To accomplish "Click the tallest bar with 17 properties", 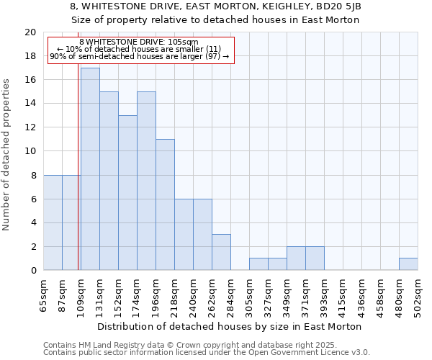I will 90,169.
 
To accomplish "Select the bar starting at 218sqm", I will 184,235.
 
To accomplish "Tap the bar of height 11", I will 165,204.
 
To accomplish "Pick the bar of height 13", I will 127,193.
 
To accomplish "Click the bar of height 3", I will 221,252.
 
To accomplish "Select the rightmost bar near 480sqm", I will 408,264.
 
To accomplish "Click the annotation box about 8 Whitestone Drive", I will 141,50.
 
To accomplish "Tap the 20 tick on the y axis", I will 30,32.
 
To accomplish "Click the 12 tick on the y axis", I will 30,127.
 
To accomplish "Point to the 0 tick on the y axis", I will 33,271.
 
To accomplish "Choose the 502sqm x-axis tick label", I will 418,294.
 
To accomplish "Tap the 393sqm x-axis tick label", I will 325,294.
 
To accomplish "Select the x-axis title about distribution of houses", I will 230,327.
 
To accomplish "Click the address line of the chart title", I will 216,6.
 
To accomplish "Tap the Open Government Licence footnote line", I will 207,353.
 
